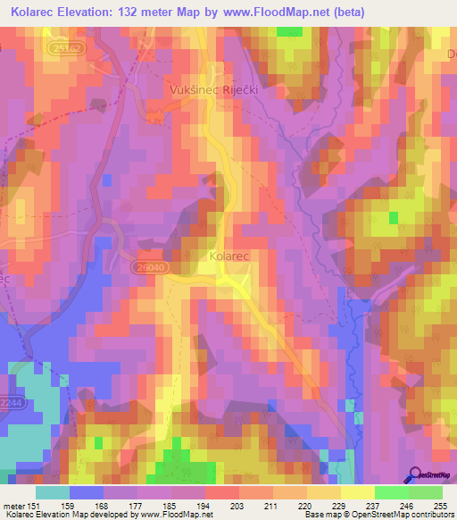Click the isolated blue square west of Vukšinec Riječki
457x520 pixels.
tap(108, 180)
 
